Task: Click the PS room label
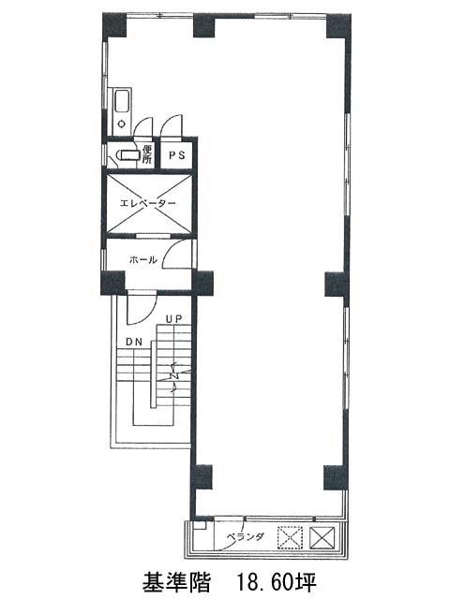pos(177,155)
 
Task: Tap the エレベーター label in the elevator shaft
pos(148,203)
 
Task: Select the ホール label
pos(143,260)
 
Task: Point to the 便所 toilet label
pos(146,153)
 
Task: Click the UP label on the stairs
pos(173,319)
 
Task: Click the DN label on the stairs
pos(134,342)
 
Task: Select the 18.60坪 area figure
pos(277,582)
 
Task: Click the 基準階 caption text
pos(176,582)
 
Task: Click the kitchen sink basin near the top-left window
pos(122,101)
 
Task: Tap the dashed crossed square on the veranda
pos(290,537)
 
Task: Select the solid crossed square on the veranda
pos(322,537)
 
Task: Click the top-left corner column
pos(114,25)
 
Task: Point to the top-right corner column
pos(338,25)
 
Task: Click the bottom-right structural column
pos(336,477)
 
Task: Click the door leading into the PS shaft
pos(172,124)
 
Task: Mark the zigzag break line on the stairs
pos(176,376)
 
